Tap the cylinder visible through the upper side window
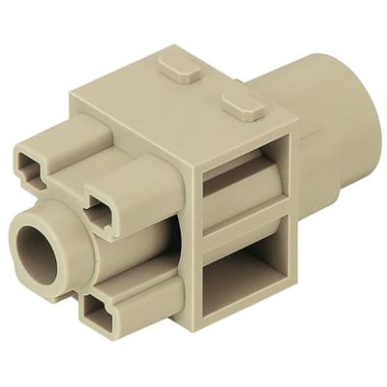tap(242, 193)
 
